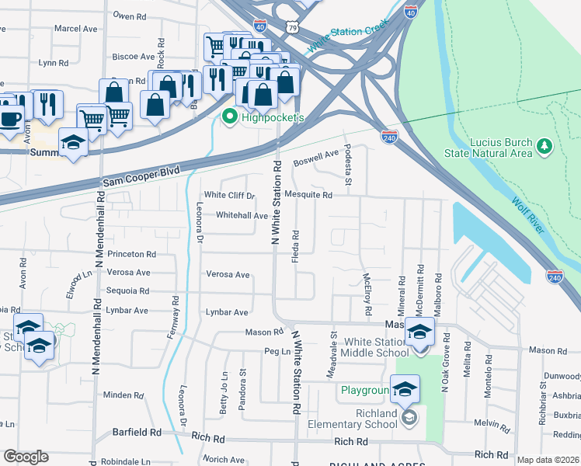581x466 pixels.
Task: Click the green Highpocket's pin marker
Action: point(230,118)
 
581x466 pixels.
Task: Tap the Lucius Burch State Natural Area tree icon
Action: point(544,145)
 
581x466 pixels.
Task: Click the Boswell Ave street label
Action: point(317,160)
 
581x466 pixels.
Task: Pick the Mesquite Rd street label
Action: point(308,196)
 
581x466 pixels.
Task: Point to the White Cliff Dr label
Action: point(229,196)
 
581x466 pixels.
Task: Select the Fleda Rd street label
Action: point(295,246)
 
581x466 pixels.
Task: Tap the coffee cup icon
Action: point(11,119)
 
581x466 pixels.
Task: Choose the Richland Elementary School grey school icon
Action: point(409,419)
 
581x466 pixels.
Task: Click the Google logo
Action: point(26,457)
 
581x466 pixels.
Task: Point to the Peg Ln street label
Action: point(271,352)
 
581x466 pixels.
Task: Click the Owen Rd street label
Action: point(129,16)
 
